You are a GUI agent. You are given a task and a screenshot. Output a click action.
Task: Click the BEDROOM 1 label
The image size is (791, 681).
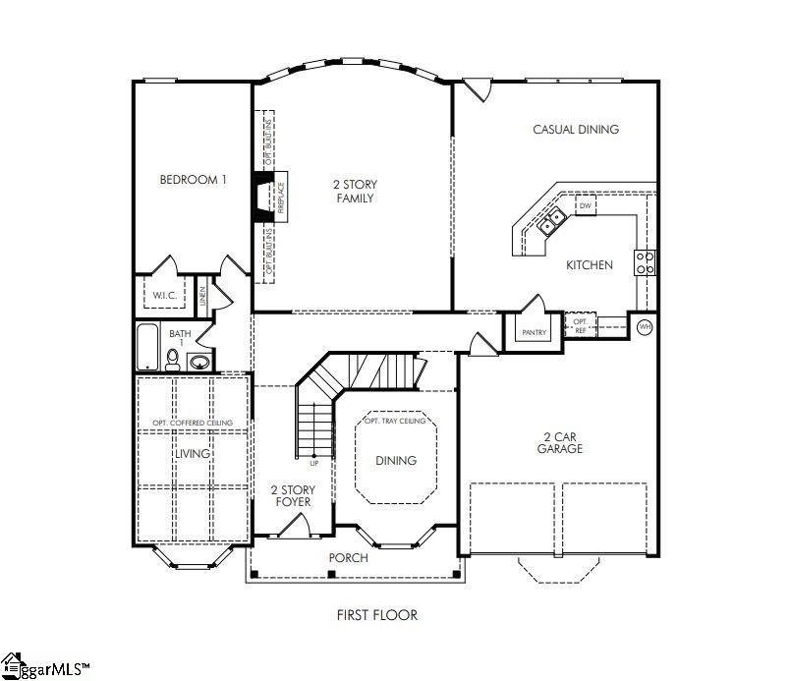(194, 180)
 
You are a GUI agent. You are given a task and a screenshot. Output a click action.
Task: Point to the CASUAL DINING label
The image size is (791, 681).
(575, 129)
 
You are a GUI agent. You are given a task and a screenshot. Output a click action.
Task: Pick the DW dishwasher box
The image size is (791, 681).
(585, 206)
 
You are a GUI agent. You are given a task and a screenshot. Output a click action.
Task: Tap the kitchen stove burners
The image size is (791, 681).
(646, 262)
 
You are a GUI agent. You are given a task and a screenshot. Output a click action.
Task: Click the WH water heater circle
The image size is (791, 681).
(645, 326)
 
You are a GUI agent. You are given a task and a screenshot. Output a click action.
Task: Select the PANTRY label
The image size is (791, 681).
(534, 333)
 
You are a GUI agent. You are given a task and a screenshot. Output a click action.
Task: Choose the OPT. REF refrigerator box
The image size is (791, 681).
(580, 326)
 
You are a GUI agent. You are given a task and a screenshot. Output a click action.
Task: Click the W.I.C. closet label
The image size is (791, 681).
(162, 295)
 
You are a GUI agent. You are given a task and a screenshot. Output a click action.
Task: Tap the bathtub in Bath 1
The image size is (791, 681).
(147, 347)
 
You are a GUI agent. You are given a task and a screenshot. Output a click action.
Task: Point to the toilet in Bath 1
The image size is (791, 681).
(173, 361)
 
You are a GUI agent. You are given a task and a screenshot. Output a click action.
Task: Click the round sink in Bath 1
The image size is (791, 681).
(199, 362)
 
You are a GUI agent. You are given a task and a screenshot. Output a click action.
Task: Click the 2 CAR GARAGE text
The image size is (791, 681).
(560, 441)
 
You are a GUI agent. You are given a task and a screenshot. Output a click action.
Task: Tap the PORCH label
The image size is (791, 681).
(348, 558)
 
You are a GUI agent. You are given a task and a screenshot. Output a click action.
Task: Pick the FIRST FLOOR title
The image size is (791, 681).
(377, 615)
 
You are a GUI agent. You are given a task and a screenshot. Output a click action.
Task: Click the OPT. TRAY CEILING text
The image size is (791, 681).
(395, 421)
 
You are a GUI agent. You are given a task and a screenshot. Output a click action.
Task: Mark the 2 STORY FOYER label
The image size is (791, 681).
(291, 495)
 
